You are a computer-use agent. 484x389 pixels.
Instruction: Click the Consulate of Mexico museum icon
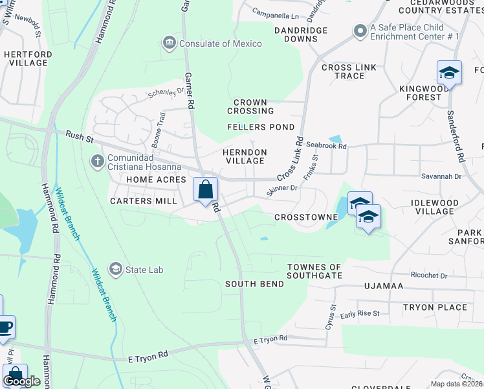click(170, 43)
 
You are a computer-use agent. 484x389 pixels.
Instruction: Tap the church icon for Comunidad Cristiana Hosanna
click(98, 160)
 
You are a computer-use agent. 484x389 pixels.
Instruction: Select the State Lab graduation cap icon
click(116, 269)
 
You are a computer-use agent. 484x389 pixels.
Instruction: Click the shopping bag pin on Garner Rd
click(206, 191)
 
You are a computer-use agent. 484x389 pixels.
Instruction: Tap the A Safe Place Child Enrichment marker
click(360, 31)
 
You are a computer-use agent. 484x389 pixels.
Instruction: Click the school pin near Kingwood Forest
click(449, 73)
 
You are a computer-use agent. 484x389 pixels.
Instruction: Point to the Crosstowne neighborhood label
click(306, 217)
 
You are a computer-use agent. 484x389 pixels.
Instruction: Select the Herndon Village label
click(244, 156)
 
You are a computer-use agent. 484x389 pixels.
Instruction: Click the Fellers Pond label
click(261, 127)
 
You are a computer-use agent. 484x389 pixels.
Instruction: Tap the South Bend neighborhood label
click(254, 284)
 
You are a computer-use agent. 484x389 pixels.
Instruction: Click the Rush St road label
click(80, 137)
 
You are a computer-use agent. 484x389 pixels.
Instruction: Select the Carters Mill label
click(143, 201)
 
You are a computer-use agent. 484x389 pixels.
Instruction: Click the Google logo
click(22, 381)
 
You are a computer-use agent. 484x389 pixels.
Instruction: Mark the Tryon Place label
click(435, 307)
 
